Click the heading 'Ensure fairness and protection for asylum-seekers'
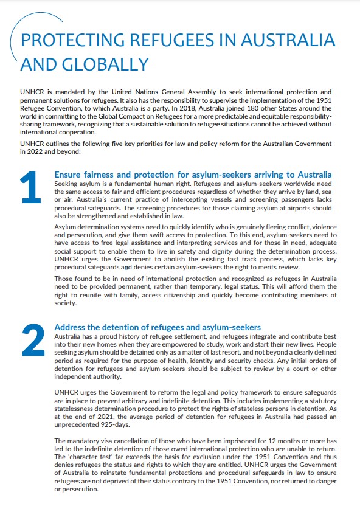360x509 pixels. coord(193,175)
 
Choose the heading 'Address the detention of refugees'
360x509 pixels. coord(157,327)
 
